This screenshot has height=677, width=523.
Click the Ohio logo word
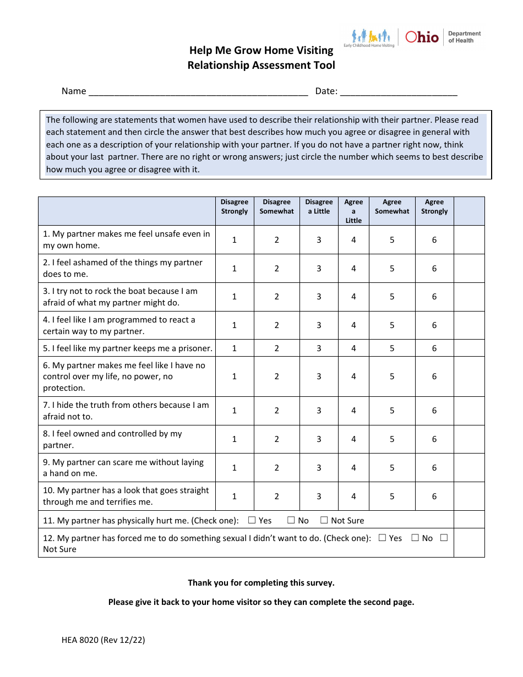click(x=422, y=37)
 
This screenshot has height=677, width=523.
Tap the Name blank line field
click(x=198, y=91)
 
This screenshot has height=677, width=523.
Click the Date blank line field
click(x=399, y=91)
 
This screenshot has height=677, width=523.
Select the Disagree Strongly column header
click(x=235, y=206)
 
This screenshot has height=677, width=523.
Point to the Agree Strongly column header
click(x=434, y=206)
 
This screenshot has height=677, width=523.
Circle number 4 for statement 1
click(x=353, y=240)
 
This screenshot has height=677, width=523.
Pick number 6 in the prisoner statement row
click(x=434, y=348)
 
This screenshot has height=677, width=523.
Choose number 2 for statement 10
click(x=277, y=496)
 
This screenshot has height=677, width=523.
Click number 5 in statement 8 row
click(x=392, y=439)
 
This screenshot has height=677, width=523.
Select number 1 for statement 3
click(x=235, y=297)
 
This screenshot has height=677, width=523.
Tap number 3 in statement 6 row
click(x=319, y=376)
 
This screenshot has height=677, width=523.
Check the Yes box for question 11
click(x=252, y=520)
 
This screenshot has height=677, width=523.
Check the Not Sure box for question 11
click(x=324, y=520)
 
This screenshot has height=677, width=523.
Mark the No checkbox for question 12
click(x=415, y=538)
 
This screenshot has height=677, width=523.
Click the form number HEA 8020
click(x=103, y=640)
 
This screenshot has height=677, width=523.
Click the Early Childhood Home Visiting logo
click(x=369, y=38)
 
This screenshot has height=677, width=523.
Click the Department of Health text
click(x=464, y=37)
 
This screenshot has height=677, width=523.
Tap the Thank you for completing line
click(x=261, y=582)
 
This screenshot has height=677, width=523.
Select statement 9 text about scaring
click(x=123, y=468)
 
